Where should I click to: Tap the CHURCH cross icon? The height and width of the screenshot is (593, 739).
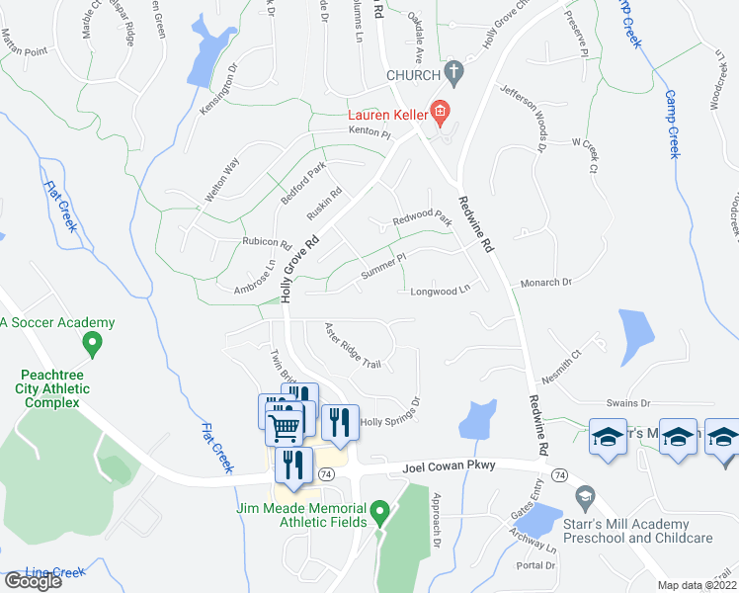(x=453, y=73)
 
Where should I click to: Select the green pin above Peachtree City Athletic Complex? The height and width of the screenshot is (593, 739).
(x=93, y=346)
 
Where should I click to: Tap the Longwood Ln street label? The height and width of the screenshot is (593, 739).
(x=438, y=292)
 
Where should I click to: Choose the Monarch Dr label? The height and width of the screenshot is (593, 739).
(x=552, y=283)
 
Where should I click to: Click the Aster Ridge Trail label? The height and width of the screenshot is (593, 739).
(x=353, y=350)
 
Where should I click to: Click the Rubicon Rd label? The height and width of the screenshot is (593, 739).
(x=267, y=242)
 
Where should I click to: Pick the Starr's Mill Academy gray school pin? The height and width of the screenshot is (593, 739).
(x=585, y=496)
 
